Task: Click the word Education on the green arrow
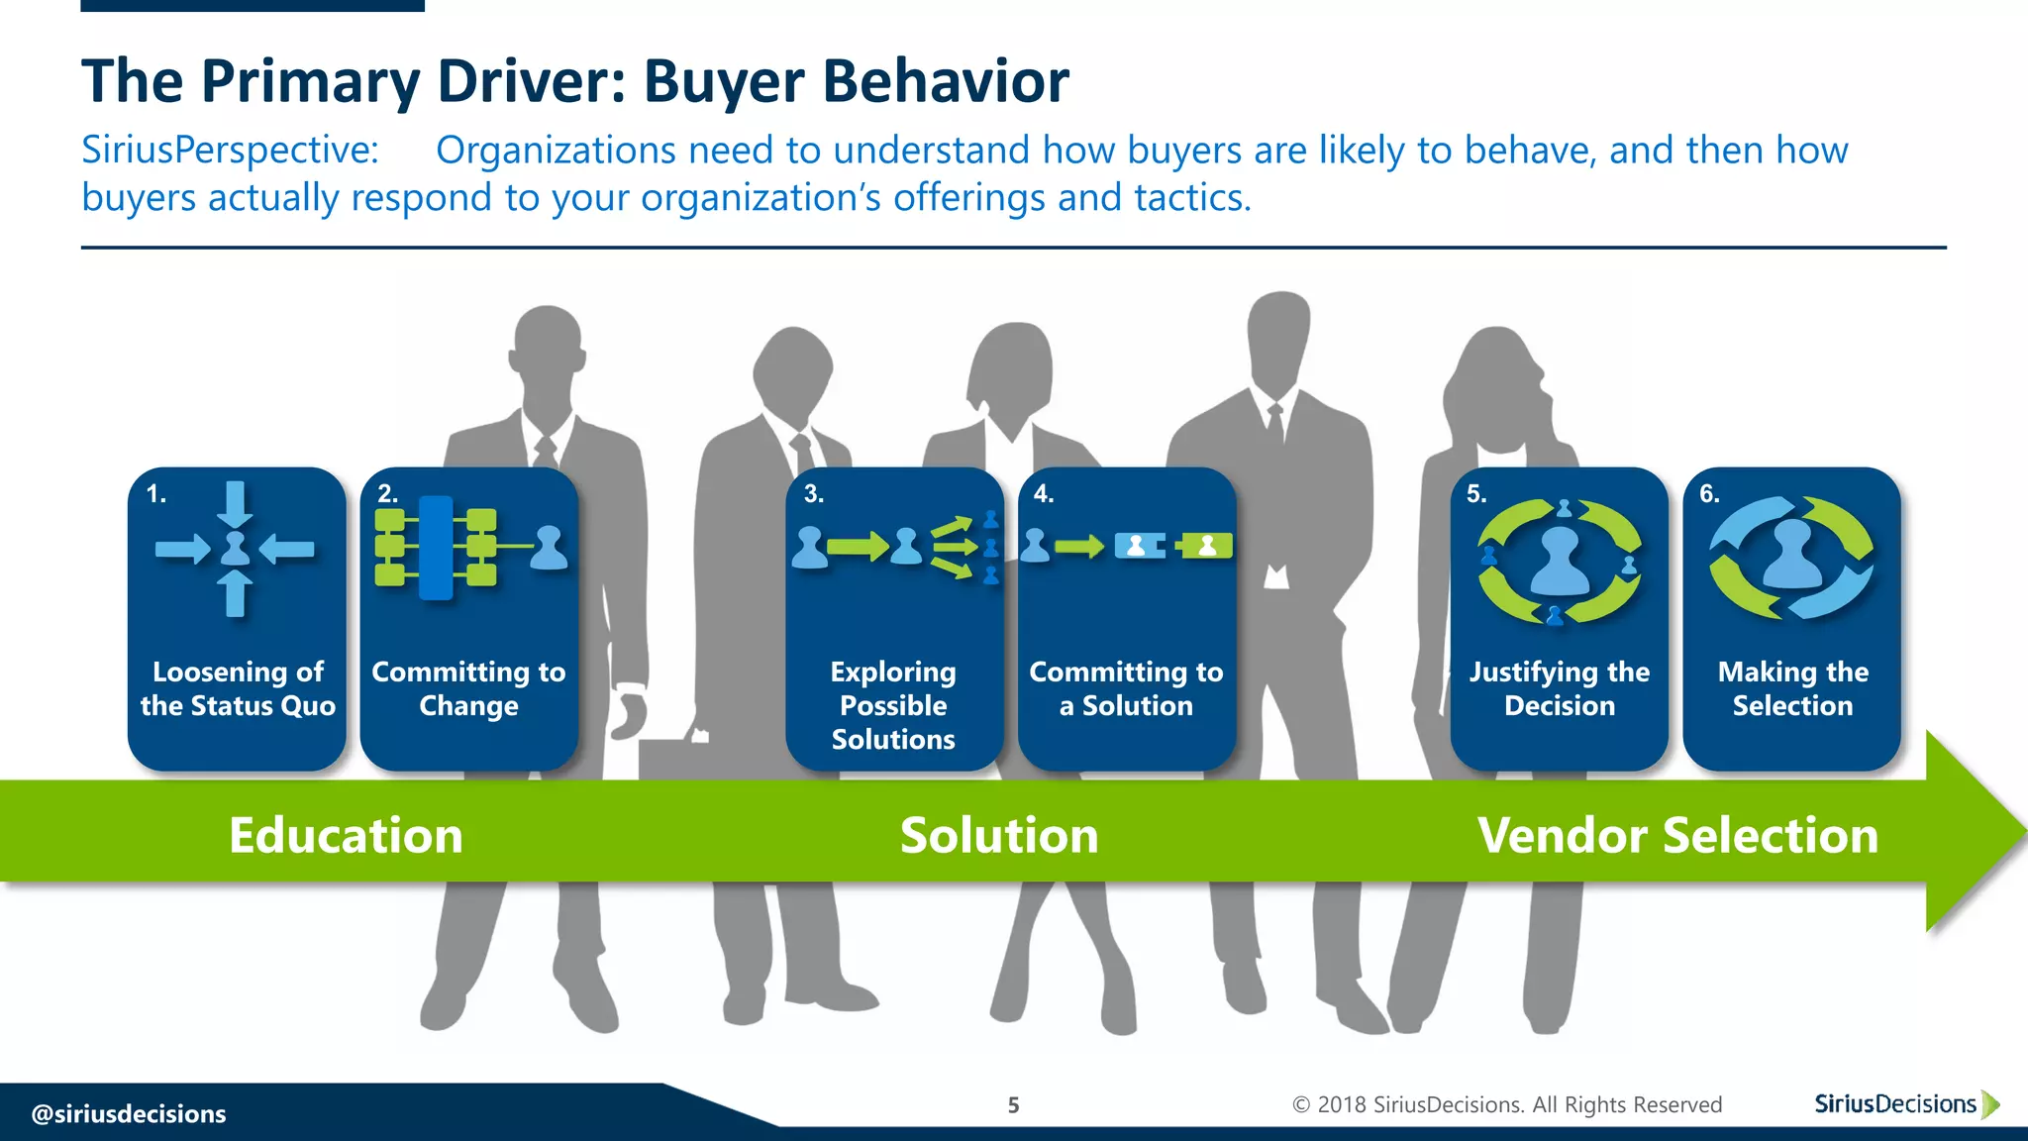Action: [x=346, y=835]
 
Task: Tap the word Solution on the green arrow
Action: [x=999, y=835]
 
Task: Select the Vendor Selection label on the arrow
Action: [x=1677, y=835]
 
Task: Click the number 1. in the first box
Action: [x=156, y=494]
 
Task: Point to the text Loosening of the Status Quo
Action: [x=238, y=688]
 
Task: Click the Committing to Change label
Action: [x=468, y=688]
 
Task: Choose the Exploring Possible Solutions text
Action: [x=893, y=705]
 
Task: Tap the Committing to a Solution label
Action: [x=1126, y=688]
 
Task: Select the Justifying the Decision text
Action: [x=1560, y=688]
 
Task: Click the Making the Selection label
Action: [x=1792, y=688]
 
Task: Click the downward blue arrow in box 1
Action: [x=235, y=503]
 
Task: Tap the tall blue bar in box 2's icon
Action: [x=436, y=548]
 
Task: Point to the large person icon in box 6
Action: [x=1792, y=555]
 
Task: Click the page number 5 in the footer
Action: [x=1013, y=1105]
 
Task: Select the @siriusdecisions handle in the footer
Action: [x=129, y=1114]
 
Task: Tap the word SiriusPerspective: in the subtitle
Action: [x=230, y=151]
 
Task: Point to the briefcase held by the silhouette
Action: [x=673, y=758]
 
